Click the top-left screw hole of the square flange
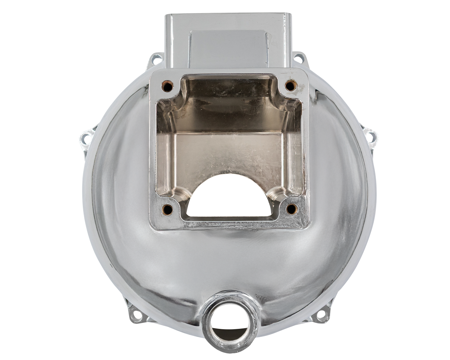(167, 86)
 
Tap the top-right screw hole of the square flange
(291, 86)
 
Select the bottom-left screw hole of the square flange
(167, 210)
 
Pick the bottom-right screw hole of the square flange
(291, 209)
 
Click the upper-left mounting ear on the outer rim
(155, 59)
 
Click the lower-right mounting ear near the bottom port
(322, 314)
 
